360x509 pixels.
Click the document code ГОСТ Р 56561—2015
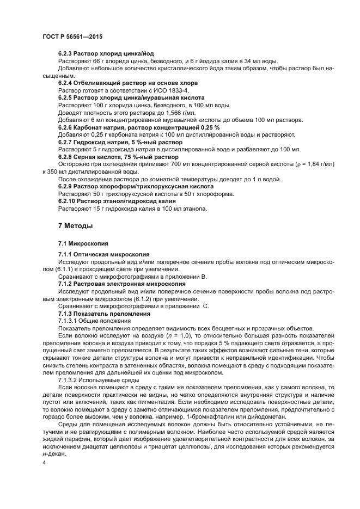(72, 36)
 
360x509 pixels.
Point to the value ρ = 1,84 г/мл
(312, 164)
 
